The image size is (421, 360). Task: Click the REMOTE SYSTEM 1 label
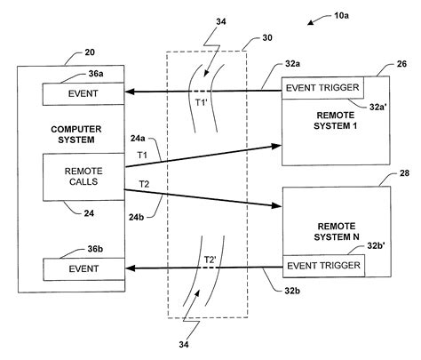pyautogui.click(x=335, y=120)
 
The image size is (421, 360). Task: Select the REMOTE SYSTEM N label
pyautogui.click(x=335, y=231)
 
